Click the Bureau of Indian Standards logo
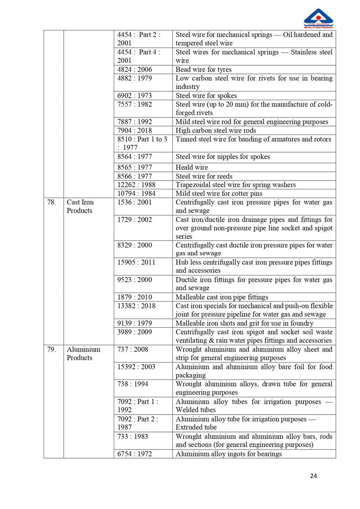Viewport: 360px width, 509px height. (318, 18)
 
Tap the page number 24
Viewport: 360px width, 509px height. (313, 476)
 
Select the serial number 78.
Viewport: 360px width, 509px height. (51, 203)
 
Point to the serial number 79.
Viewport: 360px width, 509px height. (51, 350)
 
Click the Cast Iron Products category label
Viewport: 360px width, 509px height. (80, 207)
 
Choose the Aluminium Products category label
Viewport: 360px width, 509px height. (83, 354)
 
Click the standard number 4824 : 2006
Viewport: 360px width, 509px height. (134, 70)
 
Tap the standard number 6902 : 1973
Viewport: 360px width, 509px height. (134, 96)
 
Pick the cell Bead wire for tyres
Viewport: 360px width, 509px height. (203, 70)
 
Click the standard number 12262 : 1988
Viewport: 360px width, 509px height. (136, 185)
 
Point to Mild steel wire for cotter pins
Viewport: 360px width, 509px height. (219, 194)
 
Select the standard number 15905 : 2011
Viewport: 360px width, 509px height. (136, 262)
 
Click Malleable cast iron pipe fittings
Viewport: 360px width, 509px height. (222, 297)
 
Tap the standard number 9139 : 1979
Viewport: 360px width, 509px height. (134, 323)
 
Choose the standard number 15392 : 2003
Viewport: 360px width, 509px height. (136, 367)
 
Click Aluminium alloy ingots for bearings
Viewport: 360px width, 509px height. (229, 454)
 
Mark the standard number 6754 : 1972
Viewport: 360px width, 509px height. (134, 454)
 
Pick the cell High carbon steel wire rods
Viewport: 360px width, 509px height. (216, 131)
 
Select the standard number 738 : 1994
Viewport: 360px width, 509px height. (132, 384)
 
